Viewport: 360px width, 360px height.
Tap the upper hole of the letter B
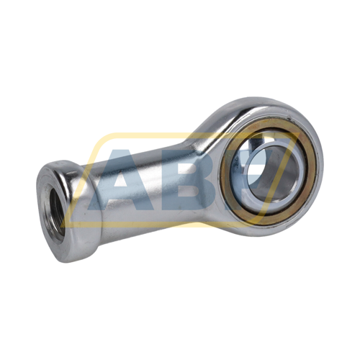[189, 168]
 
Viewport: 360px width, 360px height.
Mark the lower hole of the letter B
[191, 192]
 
